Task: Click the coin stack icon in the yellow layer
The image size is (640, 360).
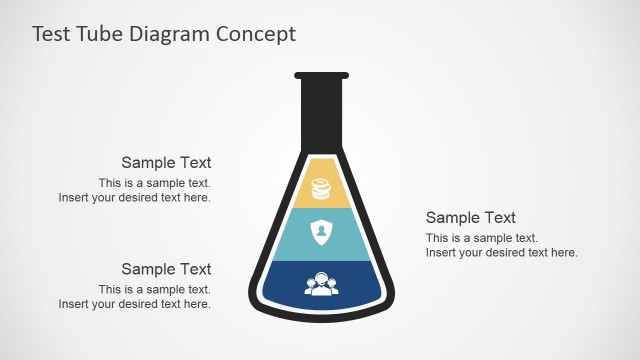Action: click(x=321, y=188)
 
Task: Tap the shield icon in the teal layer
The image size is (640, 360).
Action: click(x=321, y=232)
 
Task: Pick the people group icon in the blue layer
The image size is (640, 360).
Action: click(x=321, y=284)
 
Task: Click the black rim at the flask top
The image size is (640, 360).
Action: click(x=321, y=75)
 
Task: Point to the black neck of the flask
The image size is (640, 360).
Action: click(x=321, y=110)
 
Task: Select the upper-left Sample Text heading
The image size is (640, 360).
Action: click(x=166, y=162)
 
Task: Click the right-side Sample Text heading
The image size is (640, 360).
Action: click(x=471, y=217)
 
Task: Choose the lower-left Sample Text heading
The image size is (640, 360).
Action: click(x=166, y=269)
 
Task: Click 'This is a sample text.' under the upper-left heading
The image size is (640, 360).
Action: click(x=154, y=183)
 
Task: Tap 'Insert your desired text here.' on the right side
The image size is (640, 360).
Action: click(x=502, y=253)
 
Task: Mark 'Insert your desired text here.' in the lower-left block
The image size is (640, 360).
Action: click(x=134, y=305)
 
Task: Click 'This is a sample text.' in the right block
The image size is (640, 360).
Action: click(x=482, y=238)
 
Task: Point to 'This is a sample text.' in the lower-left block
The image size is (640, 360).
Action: click(x=154, y=290)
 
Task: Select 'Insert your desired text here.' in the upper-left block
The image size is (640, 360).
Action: click(x=134, y=198)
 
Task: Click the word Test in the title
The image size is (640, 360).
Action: click(x=52, y=34)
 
